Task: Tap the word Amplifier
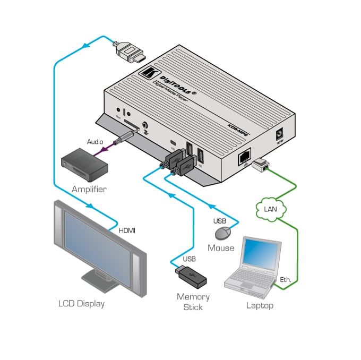pyautogui.click(x=89, y=189)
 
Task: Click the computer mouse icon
pyautogui.click(x=224, y=233)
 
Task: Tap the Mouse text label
pyautogui.click(x=221, y=247)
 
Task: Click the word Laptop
pyautogui.click(x=260, y=305)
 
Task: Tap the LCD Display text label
pyautogui.click(x=81, y=304)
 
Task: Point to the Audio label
pyautogui.click(x=96, y=142)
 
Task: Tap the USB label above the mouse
pyautogui.click(x=220, y=220)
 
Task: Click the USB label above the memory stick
pyautogui.click(x=188, y=259)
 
